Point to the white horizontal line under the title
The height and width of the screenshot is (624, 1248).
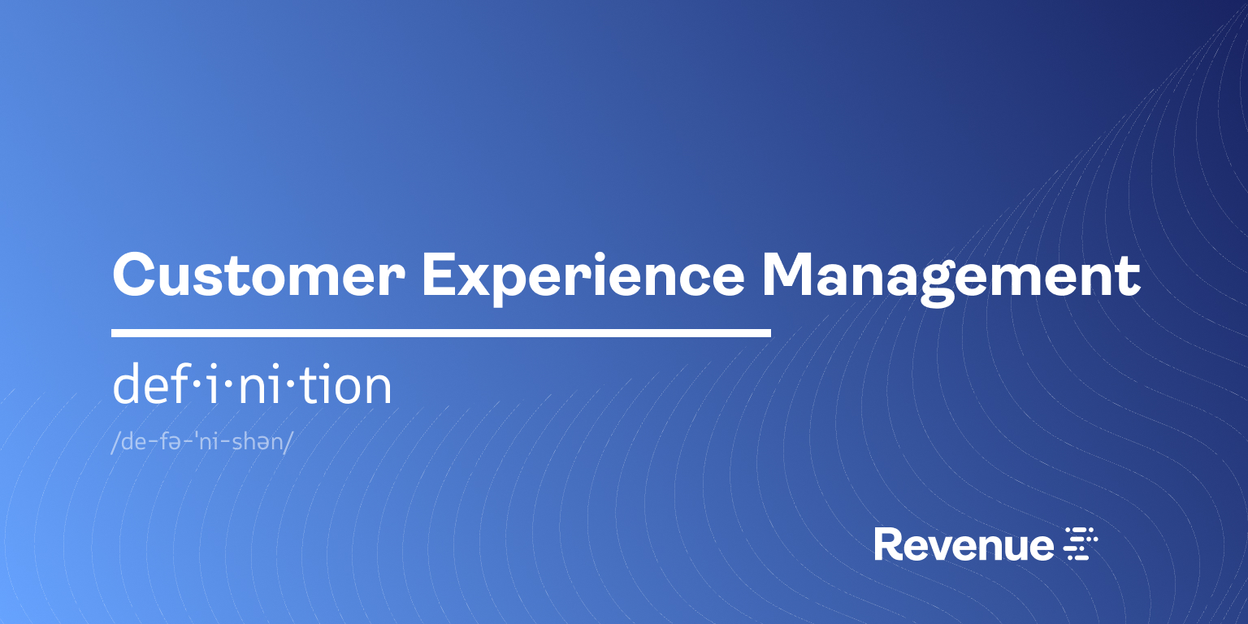click(x=440, y=333)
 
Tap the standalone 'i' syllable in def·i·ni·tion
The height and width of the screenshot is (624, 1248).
click(x=213, y=385)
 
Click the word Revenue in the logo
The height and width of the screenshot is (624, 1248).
click(x=964, y=544)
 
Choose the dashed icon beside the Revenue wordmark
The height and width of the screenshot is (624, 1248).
click(x=1081, y=544)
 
